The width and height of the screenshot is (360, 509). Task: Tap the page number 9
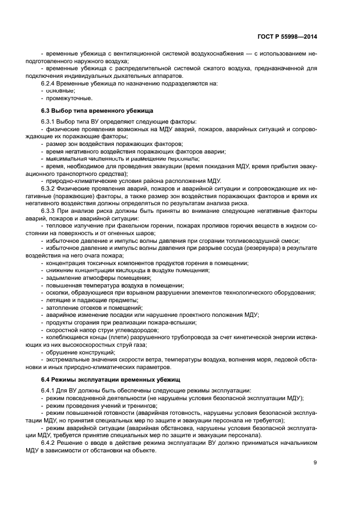315,463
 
